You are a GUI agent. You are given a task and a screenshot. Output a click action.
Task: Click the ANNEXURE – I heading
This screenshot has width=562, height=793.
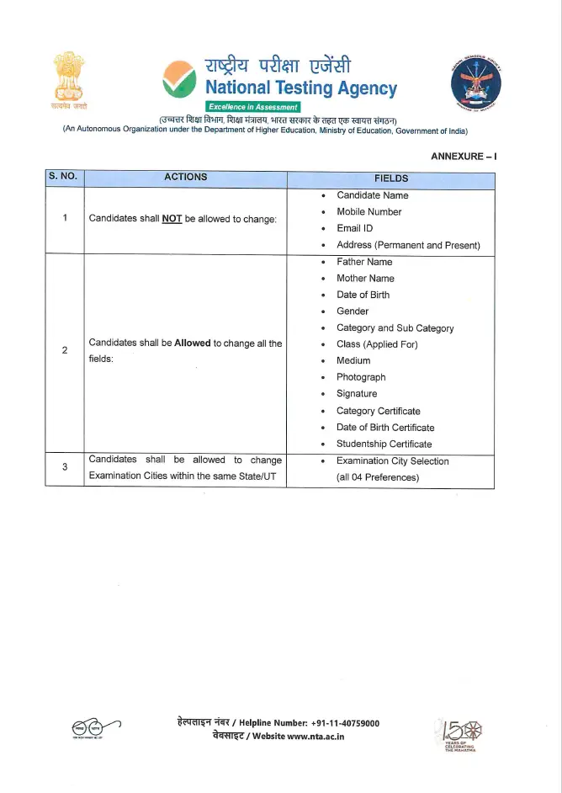coord(464,157)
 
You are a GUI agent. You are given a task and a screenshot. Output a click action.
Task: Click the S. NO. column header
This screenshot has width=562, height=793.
coord(64,178)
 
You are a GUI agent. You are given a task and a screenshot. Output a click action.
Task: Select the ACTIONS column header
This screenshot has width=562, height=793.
coord(185,178)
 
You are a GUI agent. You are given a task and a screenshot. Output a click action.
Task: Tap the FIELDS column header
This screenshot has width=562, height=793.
coord(390,178)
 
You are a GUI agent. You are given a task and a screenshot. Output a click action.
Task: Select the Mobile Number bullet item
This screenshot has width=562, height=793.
coord(368,212)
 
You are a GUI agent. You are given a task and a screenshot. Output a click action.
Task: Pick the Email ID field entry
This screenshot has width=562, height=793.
coord(354,228)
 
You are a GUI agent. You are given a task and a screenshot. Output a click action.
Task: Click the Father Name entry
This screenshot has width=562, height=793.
coord(364,262)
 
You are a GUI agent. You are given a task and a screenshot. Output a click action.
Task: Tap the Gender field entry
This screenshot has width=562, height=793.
coord(353,311)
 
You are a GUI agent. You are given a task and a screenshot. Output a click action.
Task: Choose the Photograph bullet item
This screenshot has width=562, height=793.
coord(361,377)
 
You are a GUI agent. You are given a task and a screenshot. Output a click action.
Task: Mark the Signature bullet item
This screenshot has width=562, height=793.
coord(357,394)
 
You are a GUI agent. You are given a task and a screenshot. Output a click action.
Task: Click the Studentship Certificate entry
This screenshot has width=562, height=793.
coord(384,444)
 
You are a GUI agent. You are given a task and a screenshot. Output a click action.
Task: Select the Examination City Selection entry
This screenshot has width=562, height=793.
coord(392,461)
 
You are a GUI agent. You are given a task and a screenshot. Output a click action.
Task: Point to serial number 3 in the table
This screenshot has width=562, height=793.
coord(65,468)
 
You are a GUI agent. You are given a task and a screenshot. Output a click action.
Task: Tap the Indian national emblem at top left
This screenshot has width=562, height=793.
coord(70,81)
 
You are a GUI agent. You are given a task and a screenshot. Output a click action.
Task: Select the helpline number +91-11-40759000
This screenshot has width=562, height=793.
coord(345,723)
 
